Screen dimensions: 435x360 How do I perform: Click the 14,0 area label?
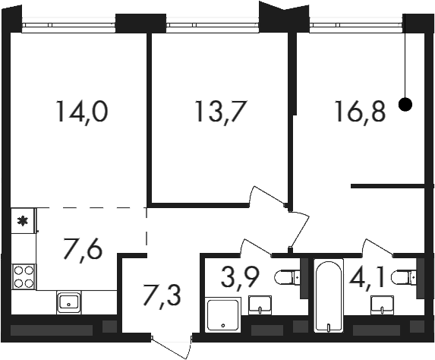pos(81,112)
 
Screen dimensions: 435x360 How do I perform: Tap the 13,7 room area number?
pos(221,112)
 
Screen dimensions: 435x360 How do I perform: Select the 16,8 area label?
pos(361,112)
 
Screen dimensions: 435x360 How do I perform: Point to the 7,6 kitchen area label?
pos(83,248)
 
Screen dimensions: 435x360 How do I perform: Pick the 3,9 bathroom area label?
pos(240,276)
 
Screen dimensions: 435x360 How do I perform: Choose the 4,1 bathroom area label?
pos(367,276)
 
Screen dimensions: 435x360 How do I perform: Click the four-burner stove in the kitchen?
pos(24,276)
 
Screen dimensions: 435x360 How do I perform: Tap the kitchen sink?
pos(68,302)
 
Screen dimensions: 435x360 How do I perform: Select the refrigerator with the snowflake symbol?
pos(23,221)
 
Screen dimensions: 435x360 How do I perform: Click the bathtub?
pos(329,295)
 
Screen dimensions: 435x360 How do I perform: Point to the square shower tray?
pos(222,314)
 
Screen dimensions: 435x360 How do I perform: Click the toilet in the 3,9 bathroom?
pos(288,277)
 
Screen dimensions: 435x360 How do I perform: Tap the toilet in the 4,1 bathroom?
pos(404,277)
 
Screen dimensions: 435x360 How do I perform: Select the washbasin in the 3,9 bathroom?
pos(260,305)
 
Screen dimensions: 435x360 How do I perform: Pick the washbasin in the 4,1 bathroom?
pos(383,305)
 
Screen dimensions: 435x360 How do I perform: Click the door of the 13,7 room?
pos(269,197)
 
